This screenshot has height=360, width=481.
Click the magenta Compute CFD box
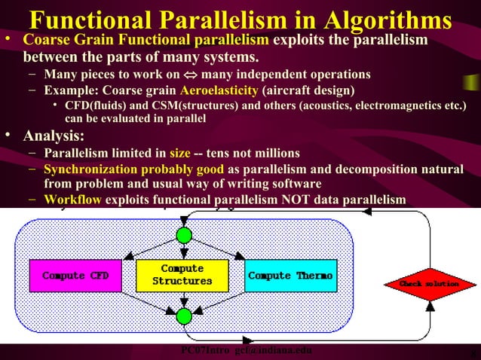pos(75,276)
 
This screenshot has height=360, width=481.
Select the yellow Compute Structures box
pos(182,275)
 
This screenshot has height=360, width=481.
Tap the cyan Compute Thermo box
pos(290,276)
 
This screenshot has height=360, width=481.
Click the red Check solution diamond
pos(430,284)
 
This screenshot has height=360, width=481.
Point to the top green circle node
pos(184,235)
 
